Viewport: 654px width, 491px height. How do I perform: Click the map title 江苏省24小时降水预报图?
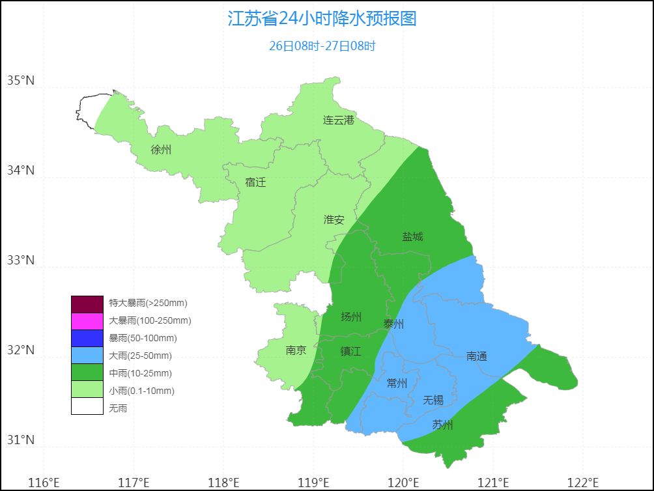pyautogui.click(x=322, y=18)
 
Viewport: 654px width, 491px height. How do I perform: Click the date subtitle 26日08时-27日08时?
pyautogui.click(x=322, y=46)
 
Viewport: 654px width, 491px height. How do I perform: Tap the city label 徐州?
pyautogui.click(x=161, y=150)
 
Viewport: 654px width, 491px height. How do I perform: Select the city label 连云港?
pyautogui.click(x=339, y=120)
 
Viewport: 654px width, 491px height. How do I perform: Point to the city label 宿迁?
pyautogui.click(x=255, y=182)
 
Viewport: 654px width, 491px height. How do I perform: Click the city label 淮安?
pyautogui.click(x=334, y=220)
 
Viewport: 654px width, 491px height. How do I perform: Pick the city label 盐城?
pyautogui.click(x=412, y=236)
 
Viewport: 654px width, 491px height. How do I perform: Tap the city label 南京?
pyautogui.click(x=296, y=350)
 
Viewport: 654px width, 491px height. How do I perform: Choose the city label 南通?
pyautogui.click(x=477, y=356)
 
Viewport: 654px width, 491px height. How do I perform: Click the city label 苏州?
pyautogui.click(x=442, y=425)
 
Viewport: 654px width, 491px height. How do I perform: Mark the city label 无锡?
pyautogui.click(x=433, y=400)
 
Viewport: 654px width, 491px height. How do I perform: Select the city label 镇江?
pyautogui.click(x=350, y=351)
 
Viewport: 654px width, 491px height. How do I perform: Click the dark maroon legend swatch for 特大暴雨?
pyautogui.click(x=87, y=303)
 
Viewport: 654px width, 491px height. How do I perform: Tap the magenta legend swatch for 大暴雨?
pyautogui.click(x=87, y=321)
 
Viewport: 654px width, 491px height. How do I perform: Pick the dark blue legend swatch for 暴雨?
pyautogui.click(x=87, y=339)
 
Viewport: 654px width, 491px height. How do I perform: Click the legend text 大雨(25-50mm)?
pyautogui.click(x=141, y=356)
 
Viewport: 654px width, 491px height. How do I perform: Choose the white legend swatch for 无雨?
pyautogui.click(x=87, y=408)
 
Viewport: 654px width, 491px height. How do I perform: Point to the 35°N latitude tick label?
pyautogui.click(x=20, y=81)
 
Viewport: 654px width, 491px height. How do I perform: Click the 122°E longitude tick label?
pyautogui.click(x=583, y=483)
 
